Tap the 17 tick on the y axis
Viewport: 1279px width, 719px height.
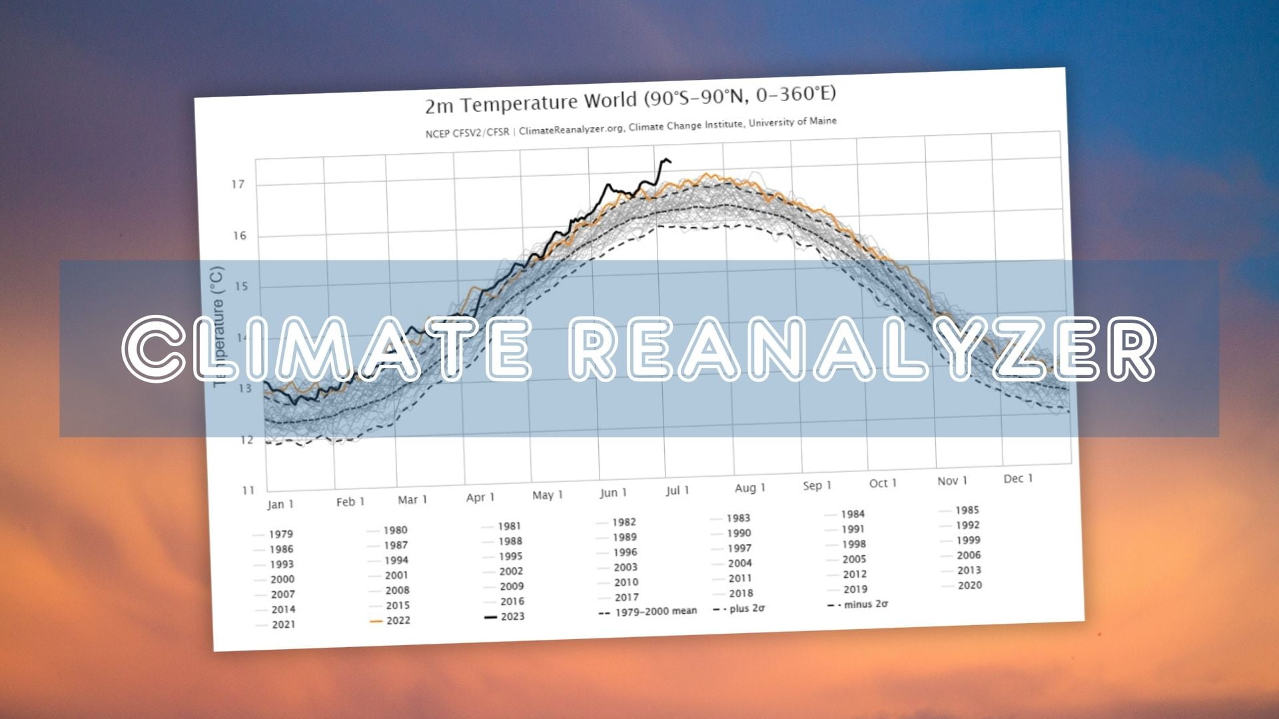[238, 184]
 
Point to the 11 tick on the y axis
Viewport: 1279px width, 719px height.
[248, 491]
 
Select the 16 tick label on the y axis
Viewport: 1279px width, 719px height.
[240, 236]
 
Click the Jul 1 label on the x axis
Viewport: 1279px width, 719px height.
[677, 491]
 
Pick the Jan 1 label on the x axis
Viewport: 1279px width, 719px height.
[280, 504]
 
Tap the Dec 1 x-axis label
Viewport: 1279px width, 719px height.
[1018, 479]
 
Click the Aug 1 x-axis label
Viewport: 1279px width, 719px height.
[750, 488]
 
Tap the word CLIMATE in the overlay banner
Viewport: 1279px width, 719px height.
[326, 349]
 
